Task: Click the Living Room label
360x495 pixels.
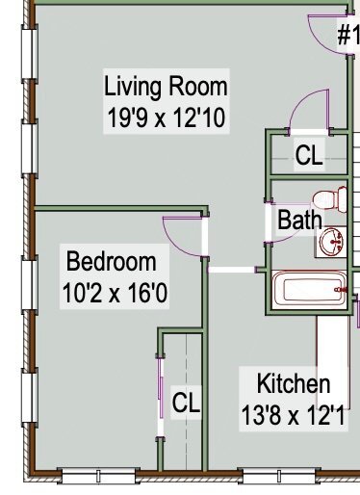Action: (166, 87)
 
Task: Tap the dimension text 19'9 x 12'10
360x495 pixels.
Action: (166, 117)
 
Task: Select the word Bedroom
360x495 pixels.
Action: (112, 262)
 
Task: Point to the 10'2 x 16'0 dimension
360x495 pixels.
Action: (115, 293)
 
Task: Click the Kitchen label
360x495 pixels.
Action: (294, 383)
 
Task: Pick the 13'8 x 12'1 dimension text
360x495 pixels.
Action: (294, 415)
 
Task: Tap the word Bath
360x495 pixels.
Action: (299, 220)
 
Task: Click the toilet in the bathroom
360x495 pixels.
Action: (330, 200)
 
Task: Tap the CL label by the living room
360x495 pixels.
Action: (309, 155)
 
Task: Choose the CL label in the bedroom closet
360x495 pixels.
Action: (186, 403)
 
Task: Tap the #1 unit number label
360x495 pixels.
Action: (348, 35)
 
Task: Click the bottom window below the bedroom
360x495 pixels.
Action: (98, 476)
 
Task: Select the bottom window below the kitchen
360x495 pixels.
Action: (278, 476)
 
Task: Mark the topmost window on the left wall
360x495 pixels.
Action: (30, 53)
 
